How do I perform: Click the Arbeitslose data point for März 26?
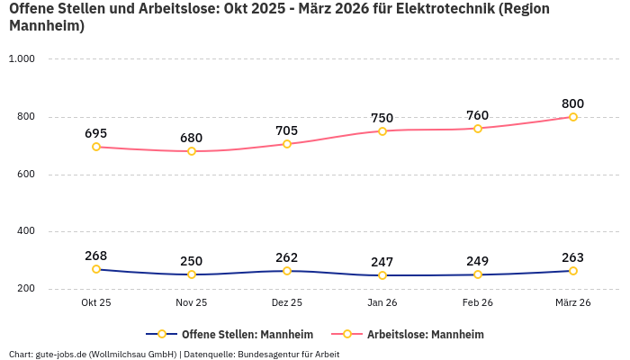573,117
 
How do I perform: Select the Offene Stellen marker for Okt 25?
96,269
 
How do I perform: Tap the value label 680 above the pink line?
191,138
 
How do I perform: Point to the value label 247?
382,262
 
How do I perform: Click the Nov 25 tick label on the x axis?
191,302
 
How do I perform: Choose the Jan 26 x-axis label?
382,302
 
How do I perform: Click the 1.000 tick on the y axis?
21,58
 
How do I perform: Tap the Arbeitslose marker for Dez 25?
287,144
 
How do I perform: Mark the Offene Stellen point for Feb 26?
478,274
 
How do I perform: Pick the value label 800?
572,103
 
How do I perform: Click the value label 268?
96,256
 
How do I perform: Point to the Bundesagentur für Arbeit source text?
289,354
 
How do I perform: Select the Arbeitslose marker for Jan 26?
382,131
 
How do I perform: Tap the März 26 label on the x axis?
572,302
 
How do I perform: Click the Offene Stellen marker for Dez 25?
287,271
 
